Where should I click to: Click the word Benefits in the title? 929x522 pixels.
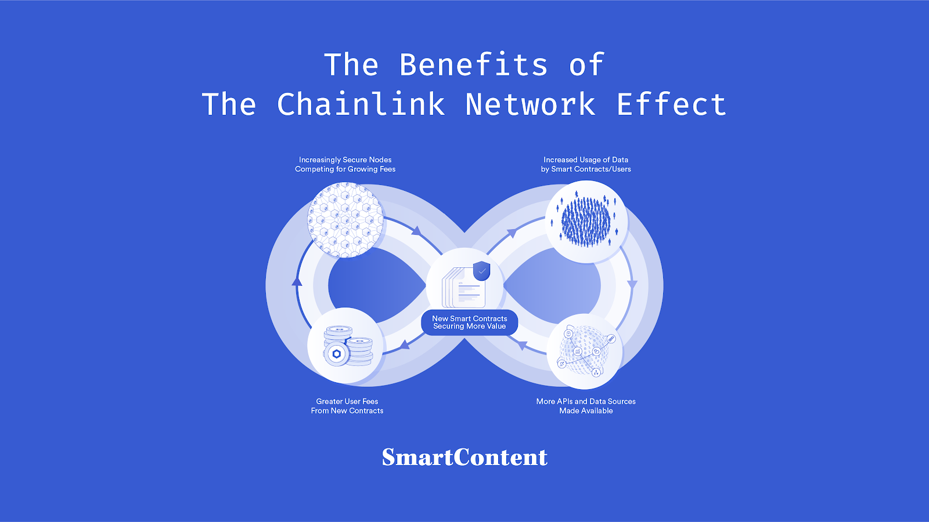pos(473,64)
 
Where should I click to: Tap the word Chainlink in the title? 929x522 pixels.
pos(361,104)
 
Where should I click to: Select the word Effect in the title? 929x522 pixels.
pos(671,104)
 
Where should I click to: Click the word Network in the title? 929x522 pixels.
pos(530,104)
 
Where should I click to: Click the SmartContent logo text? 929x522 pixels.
pos(464,457)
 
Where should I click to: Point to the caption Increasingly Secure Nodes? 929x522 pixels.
pos(345,160)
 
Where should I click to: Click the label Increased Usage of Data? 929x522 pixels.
pos(586,160)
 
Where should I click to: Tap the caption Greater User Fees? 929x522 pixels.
pos(347,401)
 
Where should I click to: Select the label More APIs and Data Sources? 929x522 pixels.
pos(586,401)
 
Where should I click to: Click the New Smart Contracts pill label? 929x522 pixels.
pos(469,322)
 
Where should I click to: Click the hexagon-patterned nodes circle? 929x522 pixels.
pos(345,220)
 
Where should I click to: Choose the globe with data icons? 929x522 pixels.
pos(585,351)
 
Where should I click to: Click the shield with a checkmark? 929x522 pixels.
pos(481,270)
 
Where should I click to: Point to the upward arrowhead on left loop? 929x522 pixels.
pos(297,281)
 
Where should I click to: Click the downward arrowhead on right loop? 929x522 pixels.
pos(632,285)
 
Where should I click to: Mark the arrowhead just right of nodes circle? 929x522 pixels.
pos(416,231)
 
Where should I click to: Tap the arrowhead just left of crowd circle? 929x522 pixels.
pos(512,233)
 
